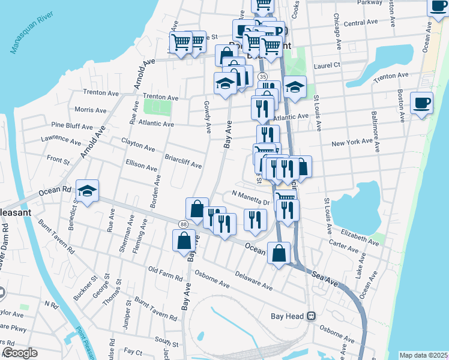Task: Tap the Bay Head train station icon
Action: coord(311,316)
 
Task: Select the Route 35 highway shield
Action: coord(262,77)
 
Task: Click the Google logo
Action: coord(20,353)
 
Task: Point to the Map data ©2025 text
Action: coord(424,355)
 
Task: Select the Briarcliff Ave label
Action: coord(183,161)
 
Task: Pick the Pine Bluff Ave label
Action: coord(72,127)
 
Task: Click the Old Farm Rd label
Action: coord(165,274)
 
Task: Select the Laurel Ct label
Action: coord(327,65)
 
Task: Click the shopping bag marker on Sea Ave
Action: coord(279,253)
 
